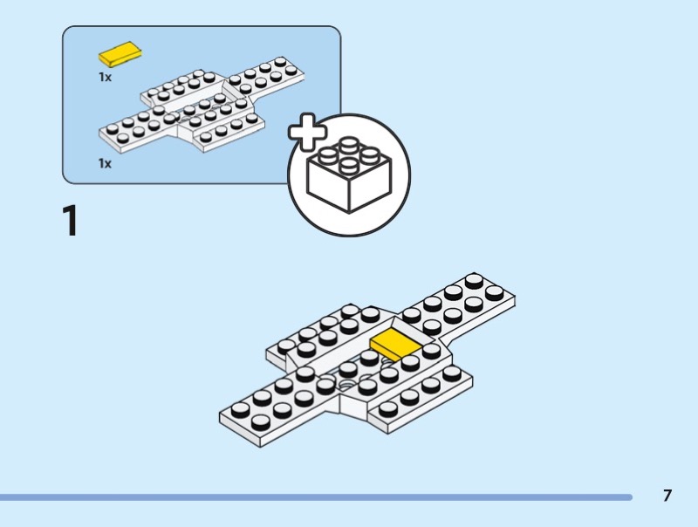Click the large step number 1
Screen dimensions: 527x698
click(x=70, y=221)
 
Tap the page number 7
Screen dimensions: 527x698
click(x=667, y=496)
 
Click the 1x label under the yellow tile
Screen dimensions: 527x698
click(x=105, y=77)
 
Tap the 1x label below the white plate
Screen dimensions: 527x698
click(x=105, y=163)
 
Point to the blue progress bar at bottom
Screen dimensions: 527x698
click(x=314, y=497)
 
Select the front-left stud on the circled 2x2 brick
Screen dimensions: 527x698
click(x=329, y=160)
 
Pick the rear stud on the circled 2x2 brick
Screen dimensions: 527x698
click(x=348, y=144)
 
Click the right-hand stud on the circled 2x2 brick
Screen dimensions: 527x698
click(x=371, y=160)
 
